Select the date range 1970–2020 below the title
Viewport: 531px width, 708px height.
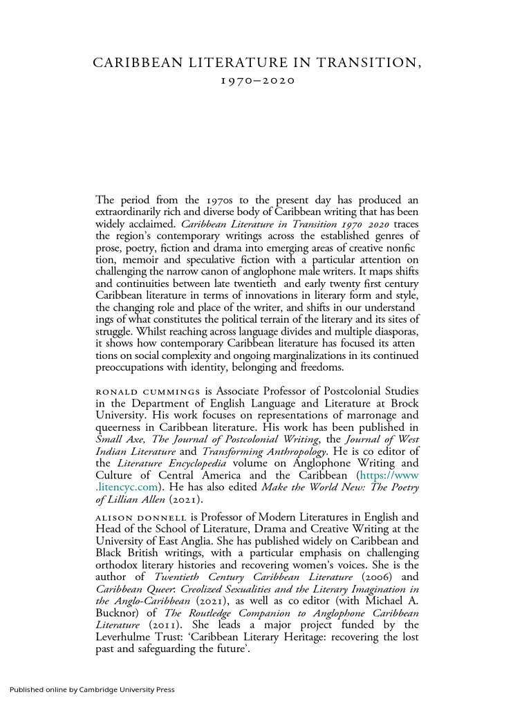pos(257,81)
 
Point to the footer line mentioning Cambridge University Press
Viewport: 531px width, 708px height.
pos(92,689)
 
